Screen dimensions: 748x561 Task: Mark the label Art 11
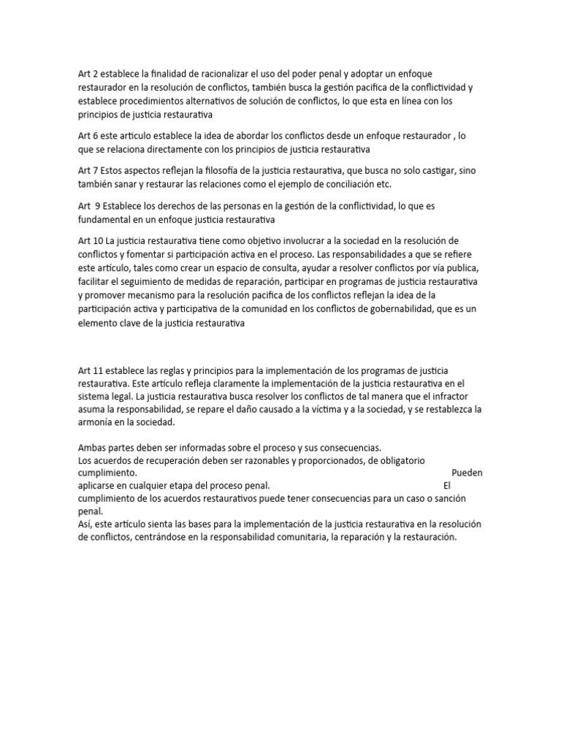[89, 373]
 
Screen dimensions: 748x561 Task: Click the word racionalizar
[218, 74]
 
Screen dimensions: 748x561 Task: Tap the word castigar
[432, 170]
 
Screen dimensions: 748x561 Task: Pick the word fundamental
[106, 219]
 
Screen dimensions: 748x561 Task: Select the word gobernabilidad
[404, 310]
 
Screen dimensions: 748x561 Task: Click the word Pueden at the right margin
[467, 473]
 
